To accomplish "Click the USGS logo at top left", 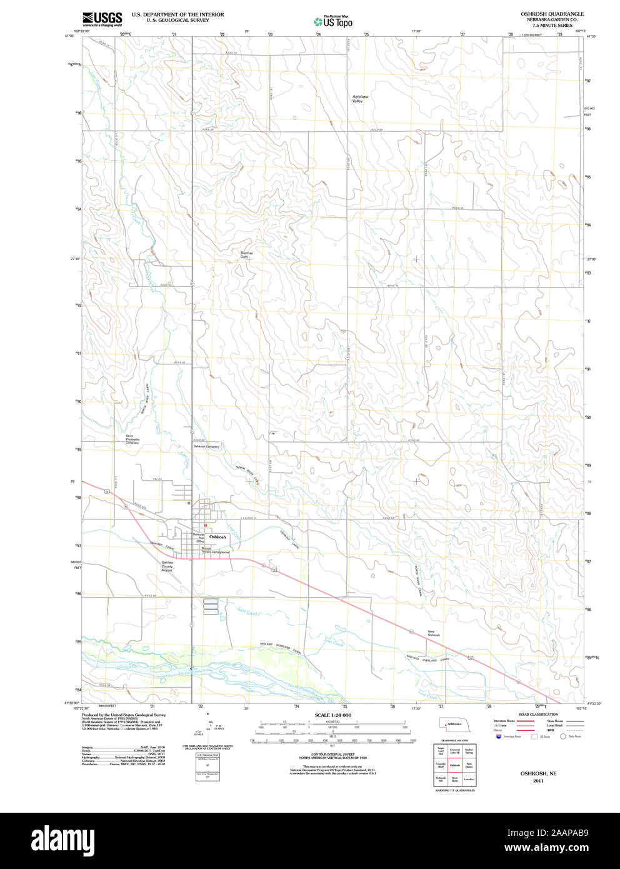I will [102, 19].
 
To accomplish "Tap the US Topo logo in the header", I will [333, 21].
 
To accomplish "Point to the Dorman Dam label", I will [247, 254].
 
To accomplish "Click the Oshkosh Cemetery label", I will [206, 446].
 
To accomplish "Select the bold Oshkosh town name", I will [217, 537].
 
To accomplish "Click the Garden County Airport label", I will [167, 566].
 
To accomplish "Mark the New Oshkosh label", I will [434, 633].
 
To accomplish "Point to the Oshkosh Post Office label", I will [199, 538].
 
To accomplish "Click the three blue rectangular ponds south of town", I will [211, 604].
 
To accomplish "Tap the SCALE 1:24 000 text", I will [332, 715].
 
